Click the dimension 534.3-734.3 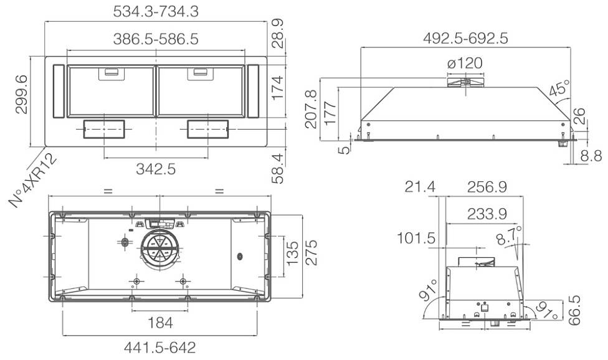156,11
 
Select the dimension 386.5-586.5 156,39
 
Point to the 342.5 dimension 156,169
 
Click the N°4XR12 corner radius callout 34,180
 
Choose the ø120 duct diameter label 465,63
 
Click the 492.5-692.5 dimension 465,38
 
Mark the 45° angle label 559,88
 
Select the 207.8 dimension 311,109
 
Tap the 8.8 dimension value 591,156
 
